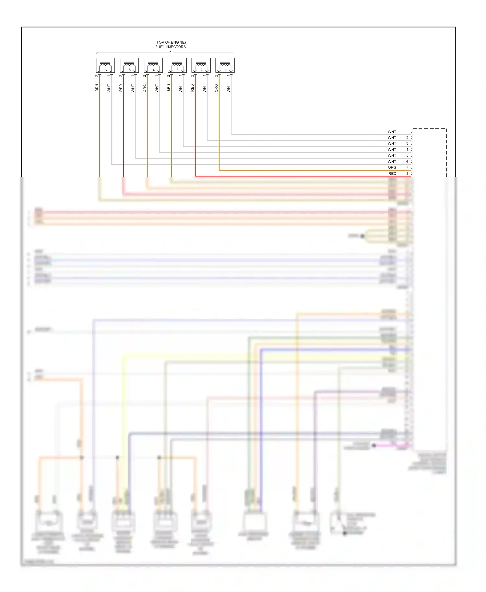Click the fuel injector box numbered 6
[105, 65]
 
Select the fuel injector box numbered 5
[129, 65]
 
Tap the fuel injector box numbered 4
[153, 65]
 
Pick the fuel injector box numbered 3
[177, 65]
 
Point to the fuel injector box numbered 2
[201, 65]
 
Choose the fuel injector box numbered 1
[225, 65]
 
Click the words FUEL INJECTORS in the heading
[171, 47]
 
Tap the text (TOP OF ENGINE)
[171, 42]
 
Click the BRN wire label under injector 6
[97, 88]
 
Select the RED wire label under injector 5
[121, 88]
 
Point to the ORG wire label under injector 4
[145, 88]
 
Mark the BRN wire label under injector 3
[168, 88]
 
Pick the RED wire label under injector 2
[192, 88]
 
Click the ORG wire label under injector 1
[216, 88]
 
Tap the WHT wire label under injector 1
[228, 88]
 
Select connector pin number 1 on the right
[408, 132]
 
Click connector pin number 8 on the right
[408, 174]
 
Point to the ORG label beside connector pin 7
[392, 167]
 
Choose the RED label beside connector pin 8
[392, 174]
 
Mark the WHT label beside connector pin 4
[392, 150]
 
